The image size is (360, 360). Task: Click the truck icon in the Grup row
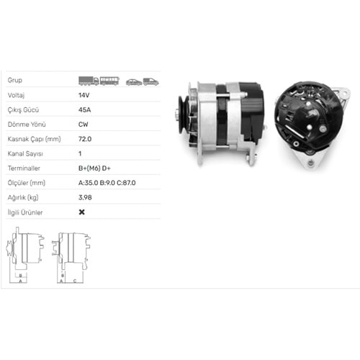(x=89, y=81)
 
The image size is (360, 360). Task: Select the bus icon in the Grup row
(x=109, y=81)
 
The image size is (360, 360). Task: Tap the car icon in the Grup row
(x=134, y=82)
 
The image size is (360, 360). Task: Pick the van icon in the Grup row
(x=150, y=82)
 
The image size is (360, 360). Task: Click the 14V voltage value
(x=84, y=95)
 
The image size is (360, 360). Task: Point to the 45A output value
(x=84, y=110)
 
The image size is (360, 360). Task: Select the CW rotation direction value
(x=83, y=125)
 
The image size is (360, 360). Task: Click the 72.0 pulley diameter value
(x=85, y=139)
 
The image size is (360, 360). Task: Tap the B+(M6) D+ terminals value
(x=94, y=168)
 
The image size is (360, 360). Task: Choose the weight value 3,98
(x=85, y=197)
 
